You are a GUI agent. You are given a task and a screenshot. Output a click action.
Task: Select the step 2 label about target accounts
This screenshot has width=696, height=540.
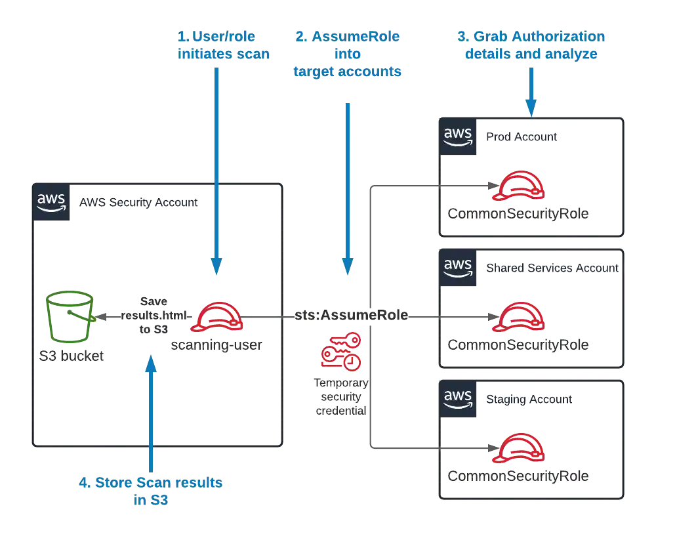347,54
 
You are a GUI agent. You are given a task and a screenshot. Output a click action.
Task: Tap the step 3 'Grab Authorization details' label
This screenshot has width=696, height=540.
531,45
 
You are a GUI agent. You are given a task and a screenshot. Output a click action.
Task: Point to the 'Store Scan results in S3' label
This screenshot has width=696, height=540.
152,491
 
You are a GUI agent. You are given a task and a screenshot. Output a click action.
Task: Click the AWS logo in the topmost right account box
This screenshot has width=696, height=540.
458,136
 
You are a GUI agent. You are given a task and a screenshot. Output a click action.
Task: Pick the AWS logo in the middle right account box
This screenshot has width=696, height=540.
458,266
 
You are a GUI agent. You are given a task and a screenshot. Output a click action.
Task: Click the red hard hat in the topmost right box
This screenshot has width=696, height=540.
518,186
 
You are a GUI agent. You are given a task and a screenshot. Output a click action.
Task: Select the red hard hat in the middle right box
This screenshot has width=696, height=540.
518,317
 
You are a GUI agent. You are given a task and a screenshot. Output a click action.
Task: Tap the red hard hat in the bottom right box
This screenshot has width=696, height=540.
518,448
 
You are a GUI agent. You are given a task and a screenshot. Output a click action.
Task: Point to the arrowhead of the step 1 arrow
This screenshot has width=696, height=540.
217,264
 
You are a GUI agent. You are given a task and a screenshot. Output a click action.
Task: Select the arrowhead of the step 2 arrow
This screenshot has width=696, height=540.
348,264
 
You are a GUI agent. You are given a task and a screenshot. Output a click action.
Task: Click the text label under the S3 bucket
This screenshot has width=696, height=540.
68,358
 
